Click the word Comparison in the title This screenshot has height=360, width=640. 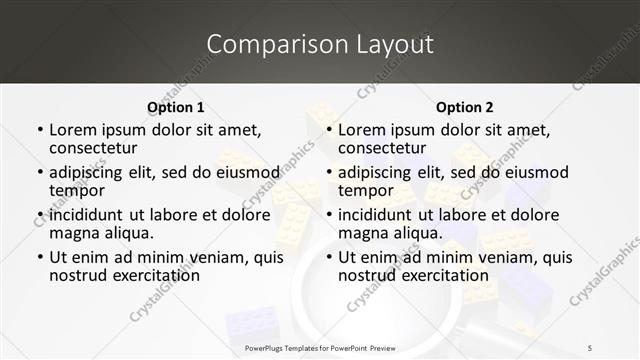pos(268,45)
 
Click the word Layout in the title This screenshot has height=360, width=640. pos(388,45)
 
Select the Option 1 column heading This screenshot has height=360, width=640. pos(175,107)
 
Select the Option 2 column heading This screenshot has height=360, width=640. pos(465,107)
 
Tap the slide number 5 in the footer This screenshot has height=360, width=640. pos(590,347)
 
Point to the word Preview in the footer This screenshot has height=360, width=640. pos(390,347)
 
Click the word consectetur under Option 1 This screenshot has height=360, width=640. pos(95,148)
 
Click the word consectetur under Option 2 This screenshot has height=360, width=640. pos(384,148)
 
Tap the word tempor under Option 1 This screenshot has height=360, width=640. pos(75,190)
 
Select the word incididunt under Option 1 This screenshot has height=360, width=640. pos(86,215)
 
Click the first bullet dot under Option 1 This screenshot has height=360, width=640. pos(39,131)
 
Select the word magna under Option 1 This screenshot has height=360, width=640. pos(75,233)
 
